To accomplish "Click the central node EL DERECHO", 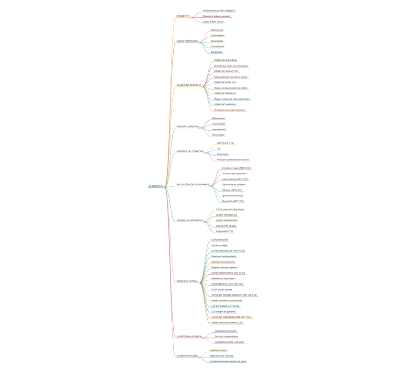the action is point(156,186).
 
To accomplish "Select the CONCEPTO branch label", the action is point(183,16).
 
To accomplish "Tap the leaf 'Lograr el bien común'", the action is point(213,22).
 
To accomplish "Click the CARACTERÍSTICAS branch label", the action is point(187,41).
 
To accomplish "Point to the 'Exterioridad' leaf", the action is point(217,30).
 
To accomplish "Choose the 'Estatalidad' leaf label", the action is point(216,52).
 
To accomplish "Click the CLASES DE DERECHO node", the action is point(189,85).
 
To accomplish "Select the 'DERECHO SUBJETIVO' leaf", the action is point(226,71).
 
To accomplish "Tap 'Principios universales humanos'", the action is point(230,110).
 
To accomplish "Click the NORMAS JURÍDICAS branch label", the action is point(188,127).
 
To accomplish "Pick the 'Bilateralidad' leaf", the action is point(218,118).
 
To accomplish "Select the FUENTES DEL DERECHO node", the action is point(190,151).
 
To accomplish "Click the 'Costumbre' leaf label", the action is point(222,154).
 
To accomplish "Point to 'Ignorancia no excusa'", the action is point(233,196).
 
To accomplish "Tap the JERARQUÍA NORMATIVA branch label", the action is point(190,221).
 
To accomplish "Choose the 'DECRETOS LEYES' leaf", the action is point(226,226).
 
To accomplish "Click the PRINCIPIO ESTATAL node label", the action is point(187,282).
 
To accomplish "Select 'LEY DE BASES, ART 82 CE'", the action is point(226,306).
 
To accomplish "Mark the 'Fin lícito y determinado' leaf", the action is point(226,337).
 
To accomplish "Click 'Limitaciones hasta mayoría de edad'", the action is point(228,361).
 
